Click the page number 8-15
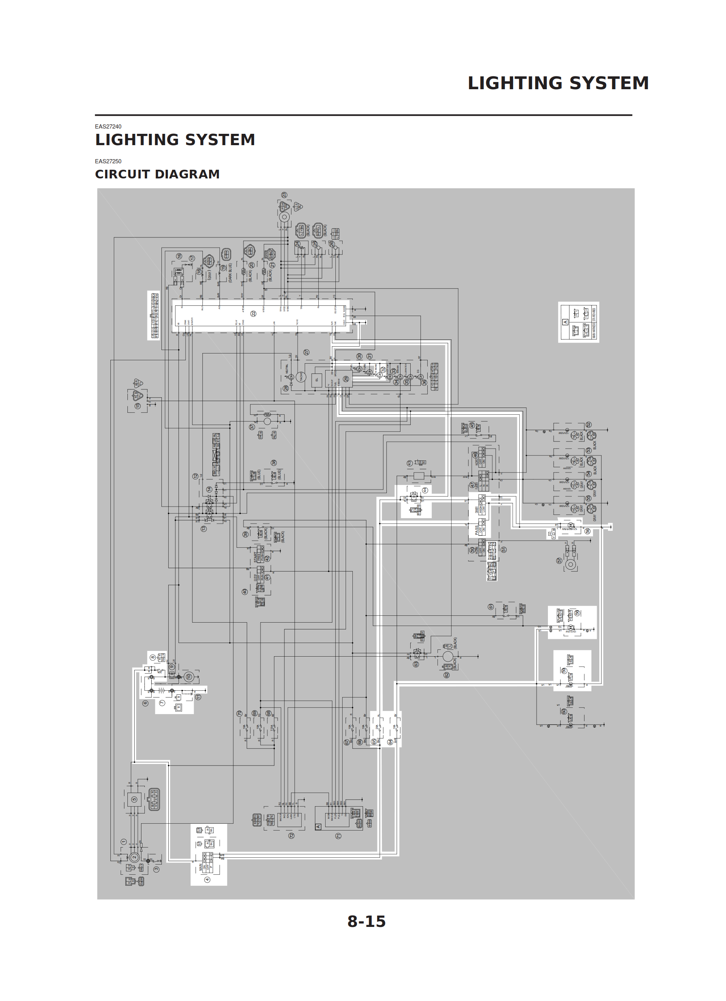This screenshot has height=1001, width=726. point(366,921)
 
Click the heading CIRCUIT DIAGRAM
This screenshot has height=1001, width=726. point(157,174)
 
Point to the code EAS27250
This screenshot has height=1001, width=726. point(108,161)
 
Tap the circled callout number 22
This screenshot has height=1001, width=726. point(253,313)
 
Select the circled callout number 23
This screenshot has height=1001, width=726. point(284,195)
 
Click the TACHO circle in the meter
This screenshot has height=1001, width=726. point(301,377)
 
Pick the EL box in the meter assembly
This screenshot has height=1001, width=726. point(316,380)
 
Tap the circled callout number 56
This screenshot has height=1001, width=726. point(587,531)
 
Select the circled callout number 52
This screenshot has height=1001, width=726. point(588,425)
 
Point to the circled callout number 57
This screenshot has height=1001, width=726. point(559,561)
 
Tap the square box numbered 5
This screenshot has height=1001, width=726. point(134,799)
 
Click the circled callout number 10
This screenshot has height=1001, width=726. point(189,677)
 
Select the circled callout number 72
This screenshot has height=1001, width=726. point(291,835)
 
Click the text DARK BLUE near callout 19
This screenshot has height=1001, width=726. point(230,272)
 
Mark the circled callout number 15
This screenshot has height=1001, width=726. point(138,406)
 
